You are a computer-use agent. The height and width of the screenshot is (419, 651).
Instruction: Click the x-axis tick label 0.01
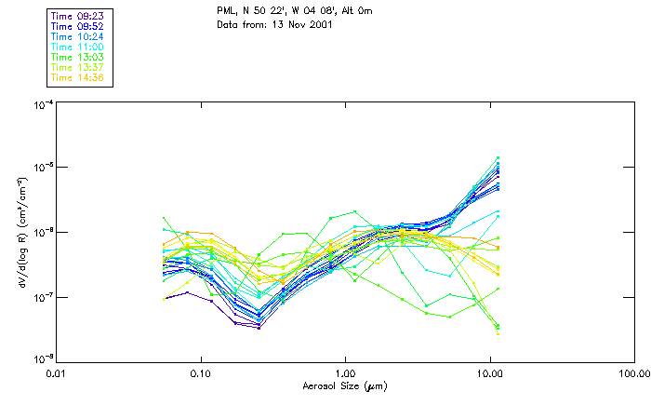(x=57, y=372)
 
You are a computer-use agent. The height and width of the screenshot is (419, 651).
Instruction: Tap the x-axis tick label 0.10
(x=201, y=372)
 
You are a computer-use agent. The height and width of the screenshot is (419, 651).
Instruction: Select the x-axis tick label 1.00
(x=345, y=372)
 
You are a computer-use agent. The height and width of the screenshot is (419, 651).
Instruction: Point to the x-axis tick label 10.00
(x=489, y=372)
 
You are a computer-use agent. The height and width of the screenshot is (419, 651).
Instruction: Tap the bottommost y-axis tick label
(x=42, y=359)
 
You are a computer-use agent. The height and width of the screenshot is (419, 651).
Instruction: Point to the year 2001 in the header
(x=319, y=24)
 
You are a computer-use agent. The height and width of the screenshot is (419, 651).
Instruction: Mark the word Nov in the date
(x=293, y=24)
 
